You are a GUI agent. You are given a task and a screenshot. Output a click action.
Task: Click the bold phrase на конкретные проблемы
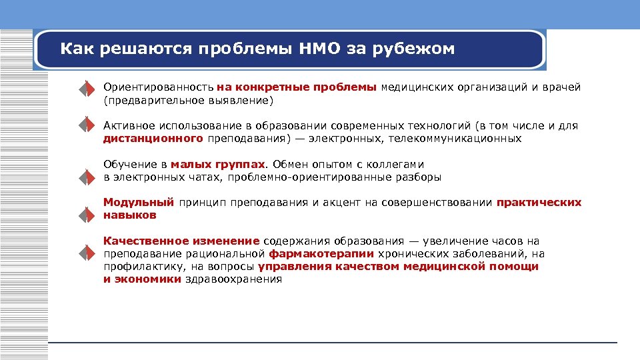tap(297, 87)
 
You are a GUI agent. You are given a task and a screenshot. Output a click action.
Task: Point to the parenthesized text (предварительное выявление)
tap(189, 101)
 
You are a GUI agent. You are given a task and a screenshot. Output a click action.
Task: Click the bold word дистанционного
tap(153, 139)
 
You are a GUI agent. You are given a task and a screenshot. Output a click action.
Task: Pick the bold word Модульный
tap(139, 202)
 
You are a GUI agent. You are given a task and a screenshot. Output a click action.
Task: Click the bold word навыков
tap(130, 215)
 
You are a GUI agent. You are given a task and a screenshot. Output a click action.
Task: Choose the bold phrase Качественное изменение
tap(181, 241)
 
